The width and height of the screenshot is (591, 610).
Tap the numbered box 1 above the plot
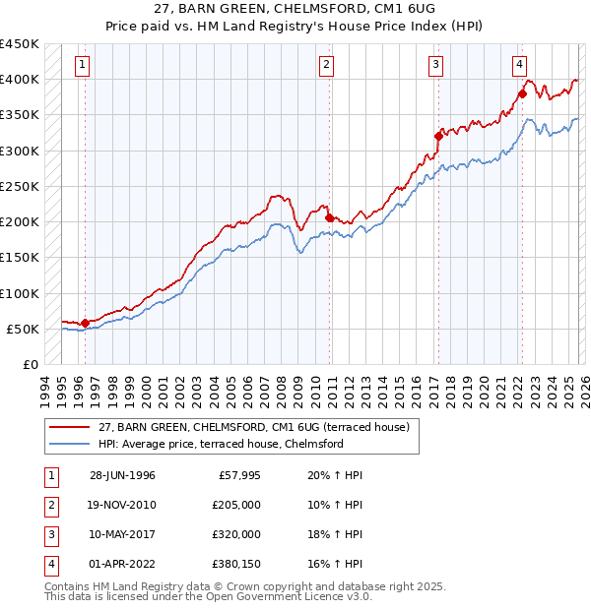click(x=83, y=66)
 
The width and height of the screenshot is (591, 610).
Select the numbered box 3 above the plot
click(x=435, y=66)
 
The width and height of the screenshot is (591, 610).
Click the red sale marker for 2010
click(x=329, y=218)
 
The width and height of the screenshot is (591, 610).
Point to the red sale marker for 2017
click(x=437, y=136)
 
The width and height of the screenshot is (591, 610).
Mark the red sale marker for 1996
click(x=85, y=323)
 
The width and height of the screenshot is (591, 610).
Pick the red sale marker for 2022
click(x=521, y=94)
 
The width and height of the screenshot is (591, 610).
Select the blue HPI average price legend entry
click(x=220, y=444)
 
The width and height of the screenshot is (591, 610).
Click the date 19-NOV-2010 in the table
click(x=122, y=505)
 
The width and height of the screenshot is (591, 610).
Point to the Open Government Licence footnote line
click(x=208, y=596)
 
